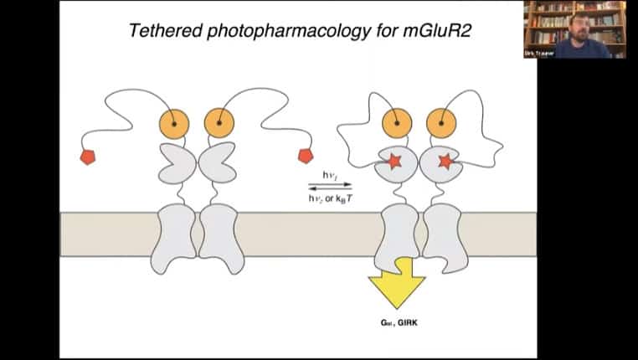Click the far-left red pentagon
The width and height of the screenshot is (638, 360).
tap(88, 157)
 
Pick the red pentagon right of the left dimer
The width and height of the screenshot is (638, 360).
tap(305, 156)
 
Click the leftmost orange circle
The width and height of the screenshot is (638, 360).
tap(175, 123)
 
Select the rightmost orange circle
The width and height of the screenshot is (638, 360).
tap(440, 123)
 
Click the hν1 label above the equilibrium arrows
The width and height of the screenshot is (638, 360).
tap(329, 174)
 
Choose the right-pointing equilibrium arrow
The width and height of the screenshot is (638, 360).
tap(330, 183)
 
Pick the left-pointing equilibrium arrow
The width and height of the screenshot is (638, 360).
tap(330, 188)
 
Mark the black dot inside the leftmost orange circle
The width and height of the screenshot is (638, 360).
tap(175, 123)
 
